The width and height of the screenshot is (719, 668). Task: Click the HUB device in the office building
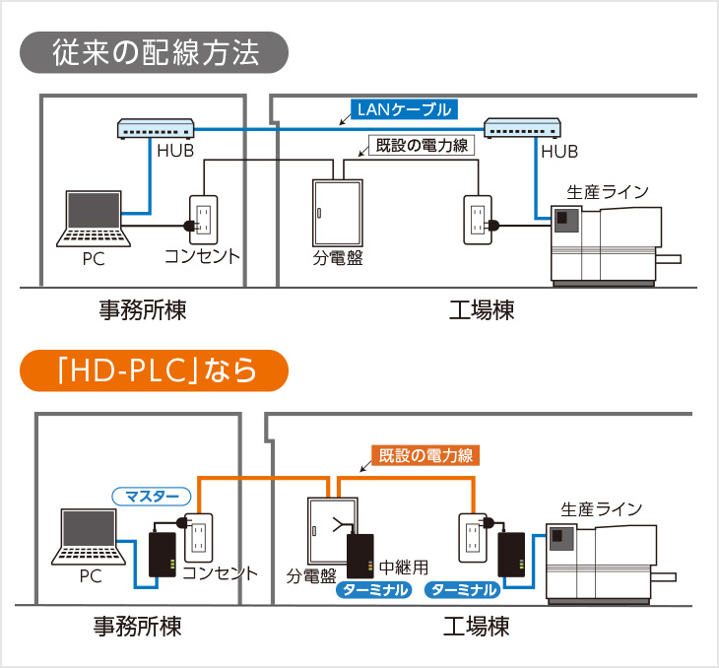point(157,129)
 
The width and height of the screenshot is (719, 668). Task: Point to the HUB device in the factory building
point(523,129)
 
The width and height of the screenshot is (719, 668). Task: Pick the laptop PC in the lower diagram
point(91,537)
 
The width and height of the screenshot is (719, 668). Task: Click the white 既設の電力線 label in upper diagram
point(420,145)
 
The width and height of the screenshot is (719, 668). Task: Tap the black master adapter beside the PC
point(163,556)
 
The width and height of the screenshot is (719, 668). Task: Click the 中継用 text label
point(405,568)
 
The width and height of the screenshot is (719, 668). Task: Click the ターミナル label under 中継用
point(373,590)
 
